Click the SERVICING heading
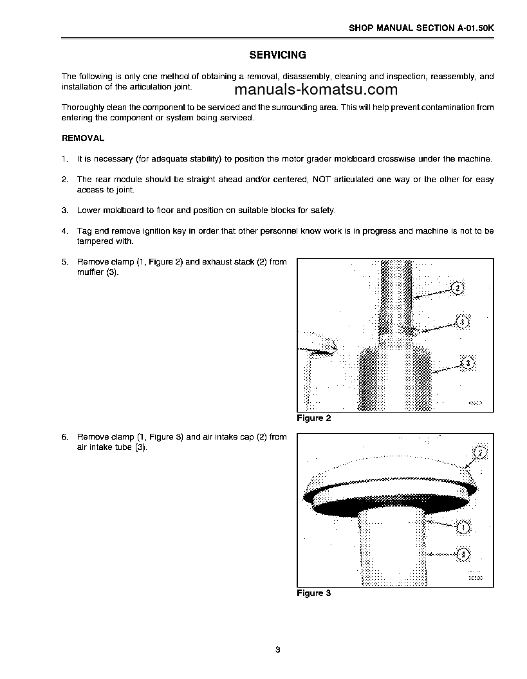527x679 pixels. [277, 55]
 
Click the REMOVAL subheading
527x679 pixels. [82, 138]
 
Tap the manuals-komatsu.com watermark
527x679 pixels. [317, 90]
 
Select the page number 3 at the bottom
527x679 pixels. [277, 649]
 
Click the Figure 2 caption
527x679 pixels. [313, 418]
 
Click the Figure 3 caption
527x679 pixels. [313, 593]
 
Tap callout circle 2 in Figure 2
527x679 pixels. [456, 288]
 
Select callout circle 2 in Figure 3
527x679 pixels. [479, 454]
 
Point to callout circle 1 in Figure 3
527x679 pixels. [461, 528]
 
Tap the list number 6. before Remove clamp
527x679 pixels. [64, 437]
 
